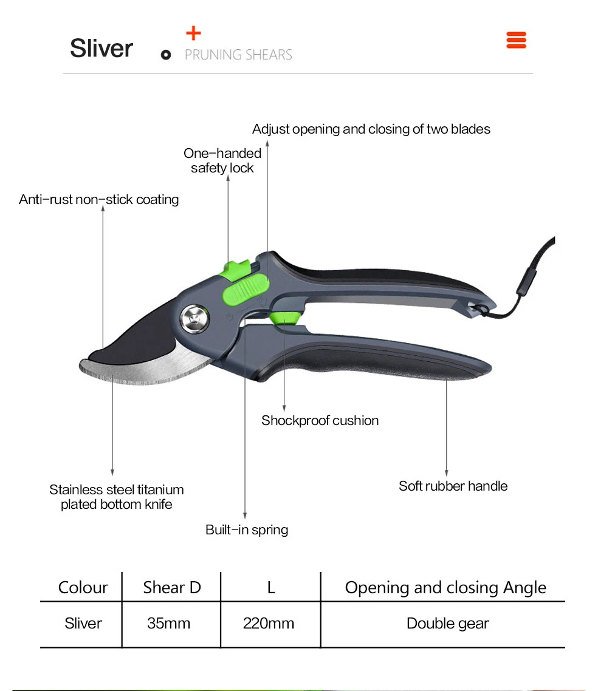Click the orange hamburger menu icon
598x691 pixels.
tap(516, 41)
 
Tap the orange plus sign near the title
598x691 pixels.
tap(193, 34)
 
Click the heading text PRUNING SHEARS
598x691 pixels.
tap(238, 55)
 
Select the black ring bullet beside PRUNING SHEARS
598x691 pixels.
tap(166, 55)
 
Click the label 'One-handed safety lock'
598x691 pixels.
tap(222, 161)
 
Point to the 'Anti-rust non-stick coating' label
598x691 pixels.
tap(99, 200)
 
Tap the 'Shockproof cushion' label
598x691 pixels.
tap(320, 421)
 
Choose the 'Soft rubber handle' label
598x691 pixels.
tap(453, 486)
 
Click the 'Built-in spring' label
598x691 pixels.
tap(247, 529)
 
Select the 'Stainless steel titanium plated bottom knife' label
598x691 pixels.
tap(116, 497)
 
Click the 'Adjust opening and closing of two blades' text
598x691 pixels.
tap(371, 129)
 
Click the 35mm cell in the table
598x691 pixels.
tap(168, 624)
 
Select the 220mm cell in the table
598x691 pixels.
tap(269, 624)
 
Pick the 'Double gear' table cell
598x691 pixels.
tap(448, 624)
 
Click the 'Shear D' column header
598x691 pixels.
tap(171, 588)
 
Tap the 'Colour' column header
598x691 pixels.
tap(83, 588)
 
